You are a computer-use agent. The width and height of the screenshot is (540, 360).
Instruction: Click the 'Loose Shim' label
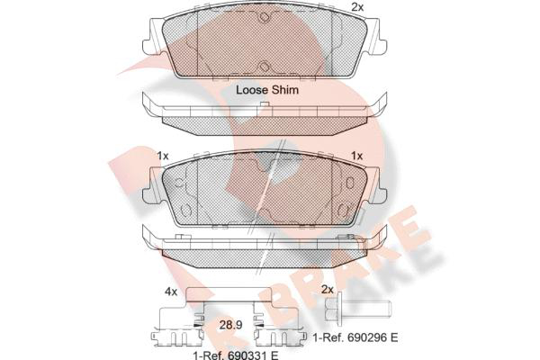pos(267,90)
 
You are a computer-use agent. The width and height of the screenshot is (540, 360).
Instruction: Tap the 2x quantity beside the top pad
pos(357,7)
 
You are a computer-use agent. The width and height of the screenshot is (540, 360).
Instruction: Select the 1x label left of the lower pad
pos(163,156)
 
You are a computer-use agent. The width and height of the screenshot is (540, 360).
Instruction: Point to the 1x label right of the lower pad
pos(356,156)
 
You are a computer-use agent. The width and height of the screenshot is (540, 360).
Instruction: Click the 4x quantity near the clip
pos(171,292)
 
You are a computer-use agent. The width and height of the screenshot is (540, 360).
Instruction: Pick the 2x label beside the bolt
pos(328,290)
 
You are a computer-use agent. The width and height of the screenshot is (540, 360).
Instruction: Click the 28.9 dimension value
pos(230,325)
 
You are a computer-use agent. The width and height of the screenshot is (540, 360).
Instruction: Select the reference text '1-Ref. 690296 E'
pos(355,337)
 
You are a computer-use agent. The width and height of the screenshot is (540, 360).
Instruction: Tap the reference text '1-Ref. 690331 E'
pos(236,355)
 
